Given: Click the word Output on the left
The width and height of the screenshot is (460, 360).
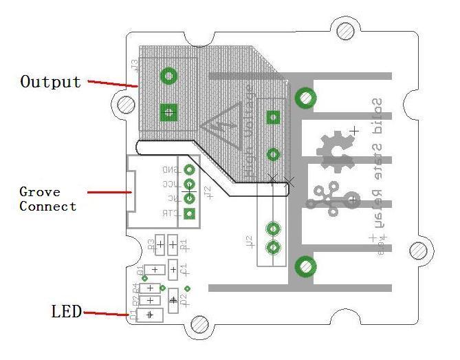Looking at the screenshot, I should coord(50,82).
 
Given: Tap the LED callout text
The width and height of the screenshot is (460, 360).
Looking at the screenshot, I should coord(66,311).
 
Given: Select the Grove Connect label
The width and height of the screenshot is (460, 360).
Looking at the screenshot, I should coord(47,199).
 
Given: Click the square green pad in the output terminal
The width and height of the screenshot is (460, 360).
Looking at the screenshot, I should coord(167,112).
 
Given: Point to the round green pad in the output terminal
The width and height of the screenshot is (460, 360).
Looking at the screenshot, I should coord(167,76).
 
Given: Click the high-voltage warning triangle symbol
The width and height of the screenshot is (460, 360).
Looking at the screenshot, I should coord(222,124).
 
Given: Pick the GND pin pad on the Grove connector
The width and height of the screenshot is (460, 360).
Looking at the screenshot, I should coord(190,169).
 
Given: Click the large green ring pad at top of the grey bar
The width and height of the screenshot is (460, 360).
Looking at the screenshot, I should coord(305,98).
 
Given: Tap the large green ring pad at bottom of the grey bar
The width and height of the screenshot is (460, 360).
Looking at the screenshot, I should coord(305,266).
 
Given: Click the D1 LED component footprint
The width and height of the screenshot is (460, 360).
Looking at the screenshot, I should coord(150,315).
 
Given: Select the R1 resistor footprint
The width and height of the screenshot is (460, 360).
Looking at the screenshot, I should coord(173,244).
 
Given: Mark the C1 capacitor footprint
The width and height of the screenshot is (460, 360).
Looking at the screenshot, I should coord(173,269).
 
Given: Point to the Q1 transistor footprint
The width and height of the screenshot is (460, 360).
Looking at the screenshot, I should coord(155,270).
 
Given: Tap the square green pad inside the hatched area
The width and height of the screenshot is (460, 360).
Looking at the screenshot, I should coord(274,117).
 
